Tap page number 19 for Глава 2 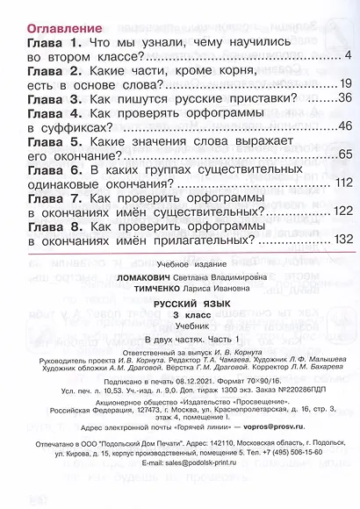343,86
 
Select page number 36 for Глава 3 343,101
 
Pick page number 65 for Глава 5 343,158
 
